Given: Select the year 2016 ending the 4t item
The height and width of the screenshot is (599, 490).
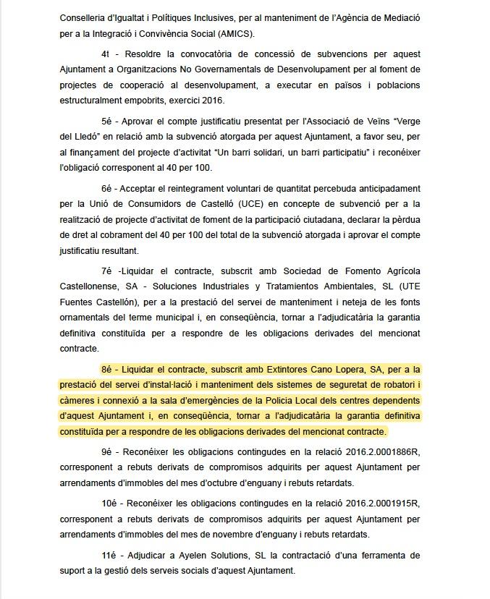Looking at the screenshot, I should pyautogui.click(x=212, y=100).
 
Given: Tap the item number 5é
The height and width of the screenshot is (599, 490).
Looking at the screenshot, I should pyautogui.click(x=107, y=122).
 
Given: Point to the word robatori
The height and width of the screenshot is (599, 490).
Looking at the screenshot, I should pyautogui.click(x=396, y=386).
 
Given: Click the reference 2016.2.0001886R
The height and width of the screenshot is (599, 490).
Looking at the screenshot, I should pyautogui.click(x=382, y=453).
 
